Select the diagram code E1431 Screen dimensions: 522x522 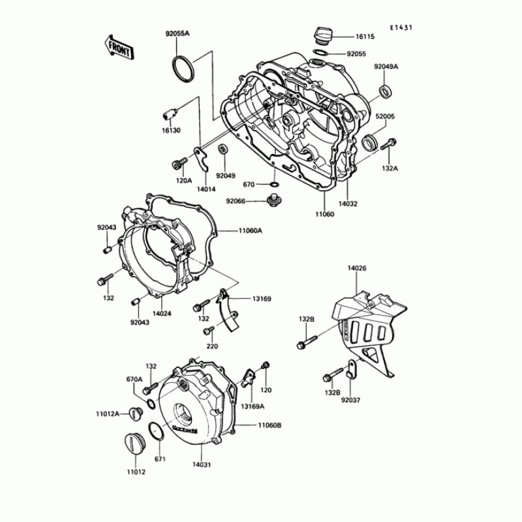click(x=402, y=28)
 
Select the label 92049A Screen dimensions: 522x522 click(x=386, y=67)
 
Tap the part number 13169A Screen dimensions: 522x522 click(x=252, y=407)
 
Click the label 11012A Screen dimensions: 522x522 click(x=108, y=413)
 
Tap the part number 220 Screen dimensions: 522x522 click(x=211, y=346)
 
